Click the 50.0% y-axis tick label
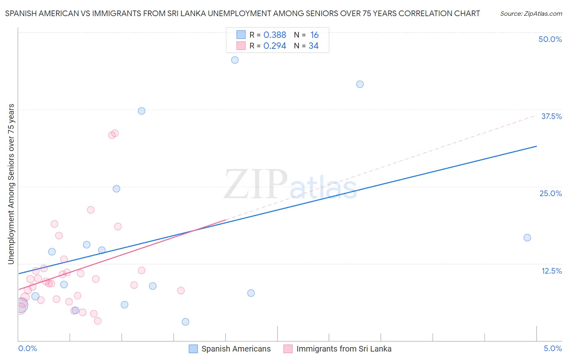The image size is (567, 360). tap(550, 39)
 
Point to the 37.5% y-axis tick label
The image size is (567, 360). tap(551, 116)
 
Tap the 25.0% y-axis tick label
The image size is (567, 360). tap(550, 193)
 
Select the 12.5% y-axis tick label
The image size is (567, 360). tap(551, 271)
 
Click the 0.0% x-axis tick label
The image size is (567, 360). tap(27, 348)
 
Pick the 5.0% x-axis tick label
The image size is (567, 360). tap(552, 348)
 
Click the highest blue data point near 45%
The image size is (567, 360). tap(235, 60)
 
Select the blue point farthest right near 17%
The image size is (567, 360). tap(527, 238)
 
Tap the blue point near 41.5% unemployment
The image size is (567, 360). tap(360, 84)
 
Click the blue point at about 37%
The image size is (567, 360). tap(142, 111)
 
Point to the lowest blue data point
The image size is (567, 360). tap(186, 322)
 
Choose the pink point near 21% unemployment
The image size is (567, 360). tap(91, 210)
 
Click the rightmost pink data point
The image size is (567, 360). tap(181, 291)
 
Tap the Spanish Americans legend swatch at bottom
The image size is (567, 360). tap(193, 349)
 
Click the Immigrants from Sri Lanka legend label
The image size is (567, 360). tap(344, 349)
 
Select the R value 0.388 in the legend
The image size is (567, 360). tap(275, 35)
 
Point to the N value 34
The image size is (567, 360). tap(313, 46)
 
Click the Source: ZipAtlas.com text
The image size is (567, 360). tap(531, 14)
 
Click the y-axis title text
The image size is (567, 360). tap(11, 184)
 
